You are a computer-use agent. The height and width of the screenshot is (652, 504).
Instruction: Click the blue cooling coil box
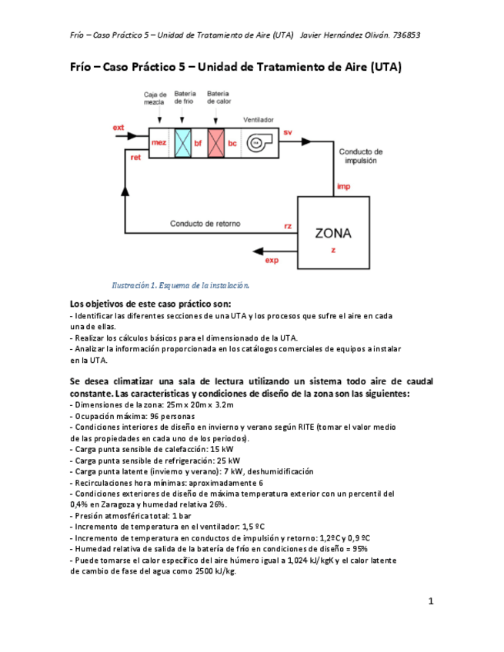tap(182, 143)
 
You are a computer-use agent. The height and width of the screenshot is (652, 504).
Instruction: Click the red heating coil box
tap(216, 143)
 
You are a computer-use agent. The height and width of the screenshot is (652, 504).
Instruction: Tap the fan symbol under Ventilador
tap(255, 144)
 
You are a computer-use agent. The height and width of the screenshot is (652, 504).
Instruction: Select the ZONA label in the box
tap(333, 232)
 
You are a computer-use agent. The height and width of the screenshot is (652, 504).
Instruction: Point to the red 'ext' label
tap(118, 127)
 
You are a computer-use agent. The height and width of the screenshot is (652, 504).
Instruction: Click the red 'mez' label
tap(159, 143)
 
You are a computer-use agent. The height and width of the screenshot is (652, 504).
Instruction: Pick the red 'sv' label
tap(288, 133)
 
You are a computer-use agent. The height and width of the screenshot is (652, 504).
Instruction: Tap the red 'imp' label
tap(344, 188)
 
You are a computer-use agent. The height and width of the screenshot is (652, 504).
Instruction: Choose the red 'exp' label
tap(272, 261)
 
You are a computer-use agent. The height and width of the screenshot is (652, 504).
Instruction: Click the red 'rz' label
tap(288, 226)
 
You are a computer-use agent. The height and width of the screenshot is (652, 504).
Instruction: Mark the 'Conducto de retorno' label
tap(205, 224)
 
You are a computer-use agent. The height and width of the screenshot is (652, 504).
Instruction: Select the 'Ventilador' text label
tap(259, 121)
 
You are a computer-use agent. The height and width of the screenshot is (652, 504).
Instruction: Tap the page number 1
tap(432, 600)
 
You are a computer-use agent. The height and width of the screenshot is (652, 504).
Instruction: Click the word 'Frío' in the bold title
tap(82, 67)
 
